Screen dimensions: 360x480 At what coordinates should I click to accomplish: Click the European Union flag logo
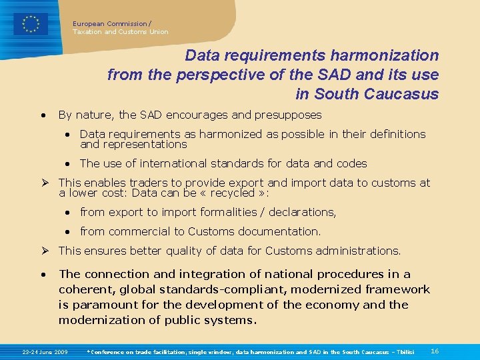(31, 24)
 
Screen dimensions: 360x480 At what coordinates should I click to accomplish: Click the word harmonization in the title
(381, 55)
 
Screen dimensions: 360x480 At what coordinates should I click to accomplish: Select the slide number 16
(435, 351)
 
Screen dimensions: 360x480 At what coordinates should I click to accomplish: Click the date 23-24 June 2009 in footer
(45, 351)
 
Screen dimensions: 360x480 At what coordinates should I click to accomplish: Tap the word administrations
(357, 251)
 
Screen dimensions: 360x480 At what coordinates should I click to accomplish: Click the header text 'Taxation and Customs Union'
(121, 31)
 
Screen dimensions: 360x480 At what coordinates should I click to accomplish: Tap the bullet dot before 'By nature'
(43, 115)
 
